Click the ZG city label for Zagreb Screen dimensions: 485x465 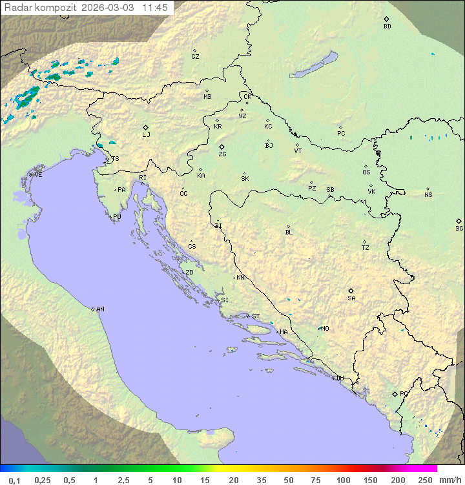222,154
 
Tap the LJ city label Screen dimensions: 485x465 146,135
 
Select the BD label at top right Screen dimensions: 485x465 387,26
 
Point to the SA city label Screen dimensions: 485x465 351,298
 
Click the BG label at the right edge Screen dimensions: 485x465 459,229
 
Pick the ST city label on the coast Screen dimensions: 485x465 256,316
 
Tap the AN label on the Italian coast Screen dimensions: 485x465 100,309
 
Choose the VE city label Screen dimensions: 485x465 38,175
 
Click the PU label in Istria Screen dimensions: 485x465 117,217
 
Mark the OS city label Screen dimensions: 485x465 366,172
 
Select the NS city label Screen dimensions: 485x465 428,195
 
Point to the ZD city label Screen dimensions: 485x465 189,273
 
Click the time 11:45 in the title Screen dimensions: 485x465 156,8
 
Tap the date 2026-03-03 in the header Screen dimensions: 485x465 109,8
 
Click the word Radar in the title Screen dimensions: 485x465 16,8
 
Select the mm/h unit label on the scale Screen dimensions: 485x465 449,480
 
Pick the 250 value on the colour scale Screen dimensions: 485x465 424,480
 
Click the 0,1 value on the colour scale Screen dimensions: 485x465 14,480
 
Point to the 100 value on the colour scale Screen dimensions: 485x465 343,480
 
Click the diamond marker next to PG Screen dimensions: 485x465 395,394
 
